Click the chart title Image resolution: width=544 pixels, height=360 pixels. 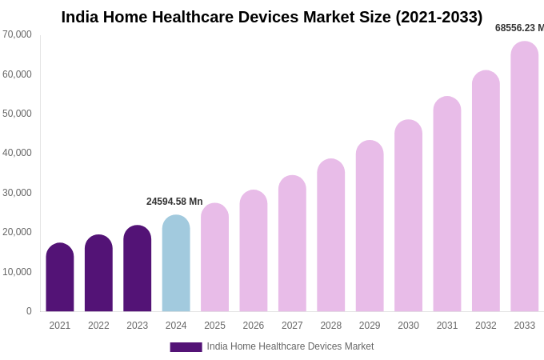point(272,17)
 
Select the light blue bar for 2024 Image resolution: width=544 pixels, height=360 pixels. point(176,264)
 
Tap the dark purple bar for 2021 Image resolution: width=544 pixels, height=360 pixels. point(60,278)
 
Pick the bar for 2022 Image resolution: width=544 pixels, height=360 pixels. point(98,274)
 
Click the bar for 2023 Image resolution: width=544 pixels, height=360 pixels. point(138,269)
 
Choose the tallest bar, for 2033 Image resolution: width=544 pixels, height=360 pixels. point(524,177)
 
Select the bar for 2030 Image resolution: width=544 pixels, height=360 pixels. point(408,216)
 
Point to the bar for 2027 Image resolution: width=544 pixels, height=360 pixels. point(292,244)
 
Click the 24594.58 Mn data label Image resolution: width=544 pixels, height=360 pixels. point(174,202)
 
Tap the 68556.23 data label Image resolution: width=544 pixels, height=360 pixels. point(519,28)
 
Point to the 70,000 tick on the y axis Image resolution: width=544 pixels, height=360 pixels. point(17,34)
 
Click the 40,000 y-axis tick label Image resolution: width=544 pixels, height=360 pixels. point(17,153)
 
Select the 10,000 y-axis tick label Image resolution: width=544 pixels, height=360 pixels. point(17,272)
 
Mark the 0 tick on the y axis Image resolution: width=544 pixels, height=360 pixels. point(29,311)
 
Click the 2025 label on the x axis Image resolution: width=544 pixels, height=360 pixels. point(214,326)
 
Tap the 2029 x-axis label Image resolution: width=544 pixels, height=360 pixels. point(370,326)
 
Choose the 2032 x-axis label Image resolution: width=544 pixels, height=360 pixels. point(486,326)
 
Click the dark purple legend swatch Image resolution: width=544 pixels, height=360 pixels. point(186,347)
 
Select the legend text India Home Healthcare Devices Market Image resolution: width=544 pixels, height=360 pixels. point(290,346)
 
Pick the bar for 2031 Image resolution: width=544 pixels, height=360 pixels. point(447,204)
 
